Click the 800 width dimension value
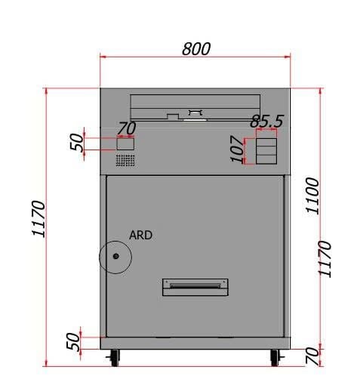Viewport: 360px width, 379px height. coord(196,49)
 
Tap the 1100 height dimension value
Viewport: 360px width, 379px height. coord(312,196)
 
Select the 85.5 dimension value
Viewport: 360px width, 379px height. coord(267,121)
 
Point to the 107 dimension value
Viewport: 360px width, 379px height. coord(237,149)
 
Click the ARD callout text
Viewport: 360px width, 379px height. coord(140,235)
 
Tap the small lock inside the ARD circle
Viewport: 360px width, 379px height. coord(115,256)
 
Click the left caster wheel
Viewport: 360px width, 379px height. coord(115,358)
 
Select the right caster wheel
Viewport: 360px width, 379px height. coord(275,358)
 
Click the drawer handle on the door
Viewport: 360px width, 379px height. coord(195,287)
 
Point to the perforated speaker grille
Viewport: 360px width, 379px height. coord(125,160)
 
